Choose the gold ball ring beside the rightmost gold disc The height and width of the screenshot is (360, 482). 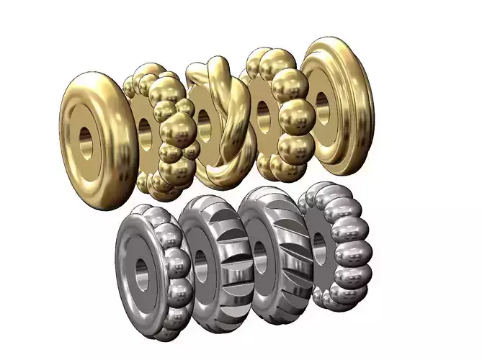click(x=281, y=115)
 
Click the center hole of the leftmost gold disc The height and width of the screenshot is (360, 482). click(x=86, y=141)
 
